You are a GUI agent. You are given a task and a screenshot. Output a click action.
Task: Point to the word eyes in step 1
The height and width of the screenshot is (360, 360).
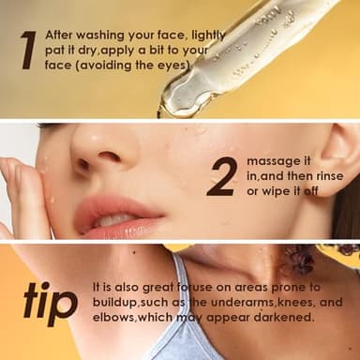(172, 66)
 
